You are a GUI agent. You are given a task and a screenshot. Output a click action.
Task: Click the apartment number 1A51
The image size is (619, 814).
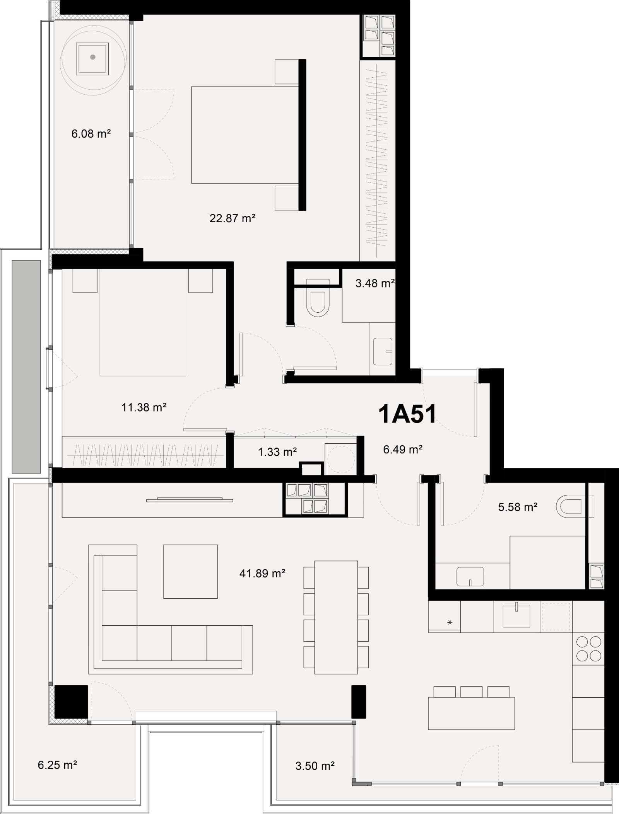407,414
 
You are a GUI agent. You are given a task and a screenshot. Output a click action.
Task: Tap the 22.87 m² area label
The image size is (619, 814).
233,218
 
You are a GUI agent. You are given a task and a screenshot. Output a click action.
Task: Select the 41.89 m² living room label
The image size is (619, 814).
262,573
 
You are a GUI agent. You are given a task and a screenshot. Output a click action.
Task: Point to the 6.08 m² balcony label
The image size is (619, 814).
91,134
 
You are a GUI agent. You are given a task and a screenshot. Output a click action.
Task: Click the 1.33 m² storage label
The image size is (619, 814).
277,451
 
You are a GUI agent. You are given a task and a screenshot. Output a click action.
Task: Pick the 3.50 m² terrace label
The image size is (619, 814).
315,766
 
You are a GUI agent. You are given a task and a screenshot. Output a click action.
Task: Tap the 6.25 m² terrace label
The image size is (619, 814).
57,765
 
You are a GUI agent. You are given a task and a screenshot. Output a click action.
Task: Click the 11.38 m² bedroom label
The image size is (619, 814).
144,407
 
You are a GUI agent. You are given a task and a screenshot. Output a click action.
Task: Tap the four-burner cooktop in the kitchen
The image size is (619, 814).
588,649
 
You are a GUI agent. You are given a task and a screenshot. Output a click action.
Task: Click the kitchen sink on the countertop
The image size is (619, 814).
516,616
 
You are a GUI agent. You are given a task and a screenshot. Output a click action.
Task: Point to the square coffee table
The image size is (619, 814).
190,572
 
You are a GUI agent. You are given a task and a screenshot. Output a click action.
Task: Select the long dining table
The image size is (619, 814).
336,617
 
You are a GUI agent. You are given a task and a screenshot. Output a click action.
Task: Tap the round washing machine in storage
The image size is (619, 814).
340,459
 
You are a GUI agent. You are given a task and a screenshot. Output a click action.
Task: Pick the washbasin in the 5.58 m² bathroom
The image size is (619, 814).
470,577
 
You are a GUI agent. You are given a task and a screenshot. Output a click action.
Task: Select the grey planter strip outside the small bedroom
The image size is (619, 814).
26,366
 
